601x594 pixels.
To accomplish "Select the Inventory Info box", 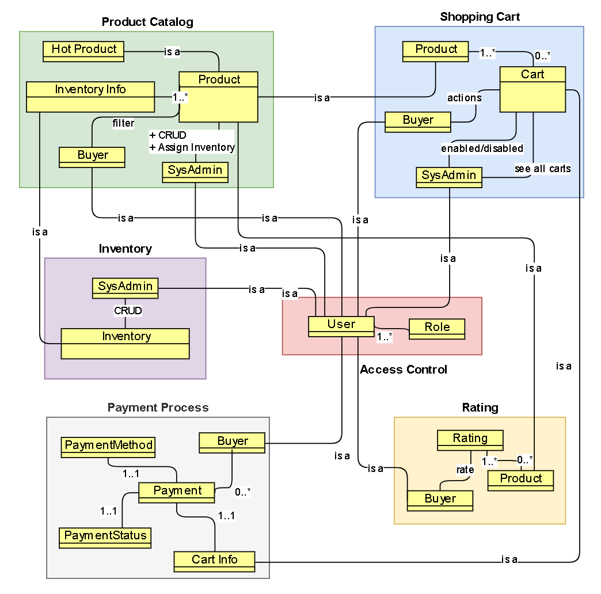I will [90, 96].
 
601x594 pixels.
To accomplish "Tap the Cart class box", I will [532, 89].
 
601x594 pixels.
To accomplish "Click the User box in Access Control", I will [341, 326].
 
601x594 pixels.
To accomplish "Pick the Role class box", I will [437, 329].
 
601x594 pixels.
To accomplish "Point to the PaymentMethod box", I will [109, 447].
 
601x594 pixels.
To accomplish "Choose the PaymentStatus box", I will [105, 538].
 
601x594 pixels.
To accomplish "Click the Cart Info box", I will [215, 561].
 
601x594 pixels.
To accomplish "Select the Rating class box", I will [470, 440].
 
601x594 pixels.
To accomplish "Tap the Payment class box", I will [177, 492].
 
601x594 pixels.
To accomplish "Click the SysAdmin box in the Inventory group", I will [125, 288].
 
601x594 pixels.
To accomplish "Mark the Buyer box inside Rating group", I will [440, 501].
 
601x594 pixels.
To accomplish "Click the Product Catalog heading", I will [147, 22].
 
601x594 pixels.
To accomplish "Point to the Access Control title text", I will [404, 370].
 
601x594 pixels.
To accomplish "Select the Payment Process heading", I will [158, 408].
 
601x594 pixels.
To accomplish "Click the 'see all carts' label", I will [542, 169].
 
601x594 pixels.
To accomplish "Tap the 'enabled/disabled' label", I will [482, 148].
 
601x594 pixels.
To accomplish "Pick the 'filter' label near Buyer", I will [124, 123].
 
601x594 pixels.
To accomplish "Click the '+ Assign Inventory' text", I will [192, 147].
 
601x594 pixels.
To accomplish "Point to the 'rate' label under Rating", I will [465, 470].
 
